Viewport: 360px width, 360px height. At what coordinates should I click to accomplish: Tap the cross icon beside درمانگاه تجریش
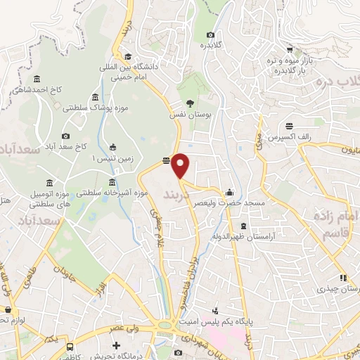point(116,346)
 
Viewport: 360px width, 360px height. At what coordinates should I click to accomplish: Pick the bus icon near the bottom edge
point(70,347)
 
